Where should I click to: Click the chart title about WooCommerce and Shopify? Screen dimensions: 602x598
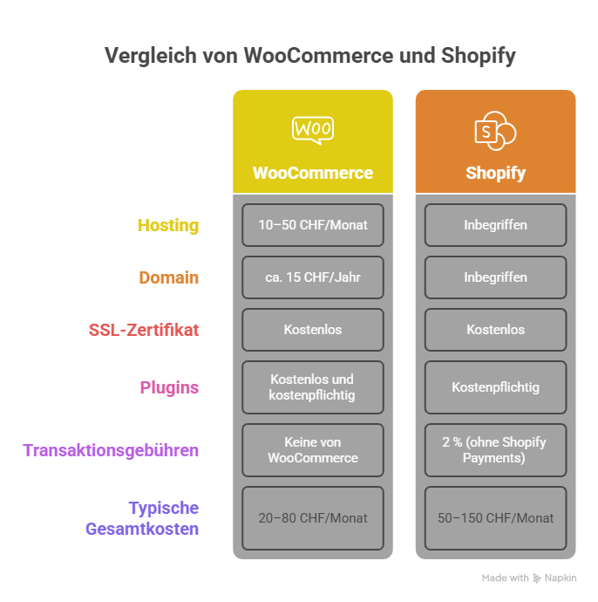[309, 56]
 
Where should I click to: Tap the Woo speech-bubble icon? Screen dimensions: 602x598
[312, 129]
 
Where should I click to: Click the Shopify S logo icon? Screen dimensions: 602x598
[494, 132]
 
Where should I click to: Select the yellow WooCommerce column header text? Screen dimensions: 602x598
[312, 173]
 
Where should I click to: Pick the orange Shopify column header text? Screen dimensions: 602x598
[495, 173]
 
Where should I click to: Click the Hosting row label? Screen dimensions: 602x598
[168, 225]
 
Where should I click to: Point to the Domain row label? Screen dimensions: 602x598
[169, 277]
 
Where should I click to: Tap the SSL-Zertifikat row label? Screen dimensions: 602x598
[144, 330]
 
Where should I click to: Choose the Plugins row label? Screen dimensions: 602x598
[169, 387]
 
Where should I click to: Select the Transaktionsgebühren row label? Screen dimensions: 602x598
[111, 450]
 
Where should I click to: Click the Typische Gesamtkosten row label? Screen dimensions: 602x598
[142, 518]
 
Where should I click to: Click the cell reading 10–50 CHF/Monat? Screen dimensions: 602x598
[313, 225]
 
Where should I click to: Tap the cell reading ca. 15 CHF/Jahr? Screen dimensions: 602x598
[313, 277]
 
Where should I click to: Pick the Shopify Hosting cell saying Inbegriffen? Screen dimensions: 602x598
[495, 225]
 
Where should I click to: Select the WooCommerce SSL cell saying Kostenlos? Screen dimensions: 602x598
[313, 330]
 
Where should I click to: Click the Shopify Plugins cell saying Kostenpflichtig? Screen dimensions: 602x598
[495, 387]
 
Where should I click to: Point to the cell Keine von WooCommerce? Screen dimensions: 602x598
[313, 450]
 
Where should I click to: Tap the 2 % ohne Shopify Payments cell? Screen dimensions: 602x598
[495, 450]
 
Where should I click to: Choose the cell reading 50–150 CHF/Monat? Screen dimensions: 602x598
[495, 518]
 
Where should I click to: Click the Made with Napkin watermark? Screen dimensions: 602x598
[528, 578]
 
